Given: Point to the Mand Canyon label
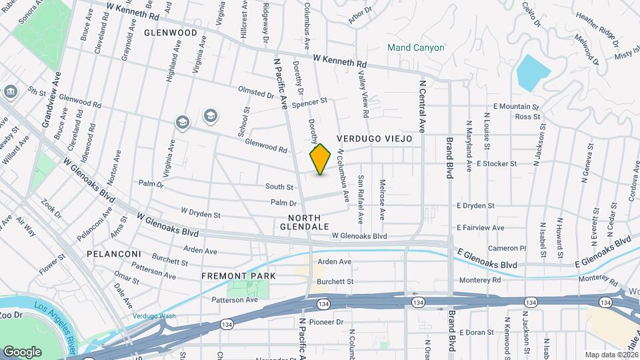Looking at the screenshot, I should point(416,48).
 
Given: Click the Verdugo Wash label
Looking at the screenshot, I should point(154,315).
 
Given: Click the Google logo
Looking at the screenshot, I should point(22,351).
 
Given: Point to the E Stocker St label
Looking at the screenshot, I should point(497,163).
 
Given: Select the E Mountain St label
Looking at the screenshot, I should point(515,107).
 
